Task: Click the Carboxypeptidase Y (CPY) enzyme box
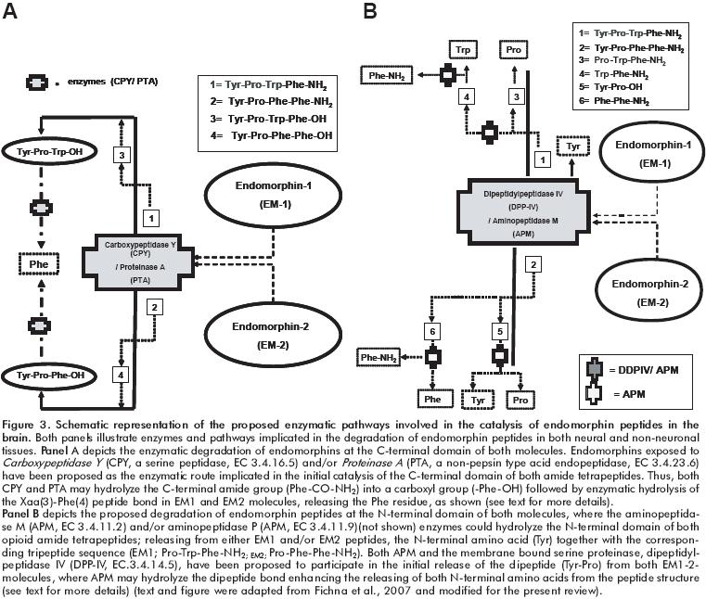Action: (154, 261)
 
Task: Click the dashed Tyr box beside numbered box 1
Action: (575, 147)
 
